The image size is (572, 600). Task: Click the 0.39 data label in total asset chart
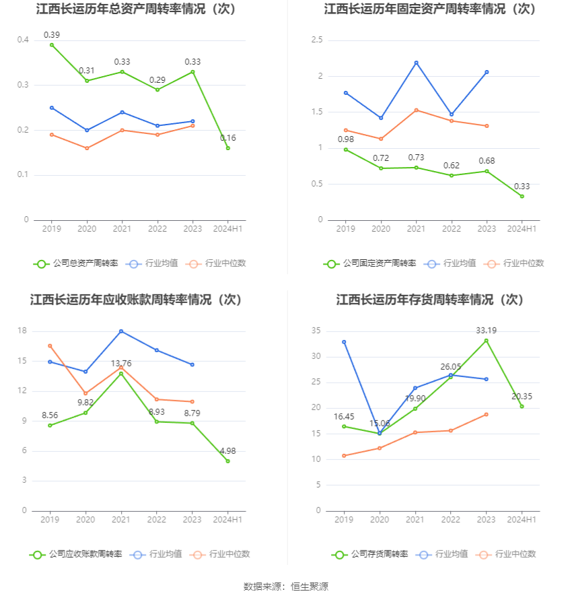pos(52,35)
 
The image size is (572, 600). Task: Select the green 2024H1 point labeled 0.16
pos(228,148)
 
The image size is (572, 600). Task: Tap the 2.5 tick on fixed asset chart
pos(316,40)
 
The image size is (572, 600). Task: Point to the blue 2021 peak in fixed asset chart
pos(417,63)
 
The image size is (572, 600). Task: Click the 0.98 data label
pos(346,139)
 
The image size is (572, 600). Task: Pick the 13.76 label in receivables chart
pos(121,364)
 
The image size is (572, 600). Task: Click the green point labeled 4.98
pos(228,461)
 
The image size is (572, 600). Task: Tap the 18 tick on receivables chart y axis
pos(22,331)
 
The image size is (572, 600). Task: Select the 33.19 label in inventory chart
pos(486,331)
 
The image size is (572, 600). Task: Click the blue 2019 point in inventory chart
pos(344,342)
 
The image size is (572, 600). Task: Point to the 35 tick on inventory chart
pos(316,331)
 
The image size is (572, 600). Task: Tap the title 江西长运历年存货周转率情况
pos(429,300)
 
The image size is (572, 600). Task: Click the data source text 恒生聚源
pos(310,587)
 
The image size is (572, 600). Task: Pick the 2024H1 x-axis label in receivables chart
pos(228,520)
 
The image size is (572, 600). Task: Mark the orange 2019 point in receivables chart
pos(50,346)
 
